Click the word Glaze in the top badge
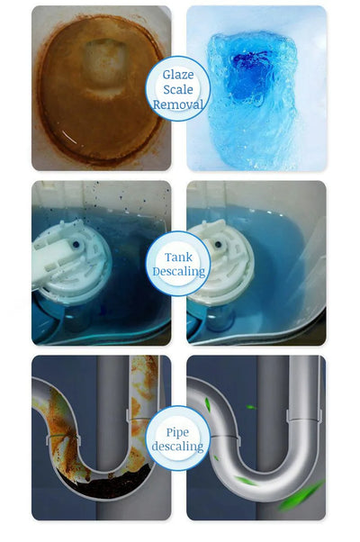(178, 74)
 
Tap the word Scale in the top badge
(178, 89)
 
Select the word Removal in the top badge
(178, 104)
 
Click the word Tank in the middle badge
(178, 257)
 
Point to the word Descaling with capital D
(178, 271)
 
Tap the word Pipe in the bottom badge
(178, 431)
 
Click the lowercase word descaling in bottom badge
(178, 447)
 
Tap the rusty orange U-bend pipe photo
(90, 437)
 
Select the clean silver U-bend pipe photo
(261, 437)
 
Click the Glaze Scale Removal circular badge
(178, 88)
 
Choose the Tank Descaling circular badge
(178, 263)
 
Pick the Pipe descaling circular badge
(178, 438)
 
